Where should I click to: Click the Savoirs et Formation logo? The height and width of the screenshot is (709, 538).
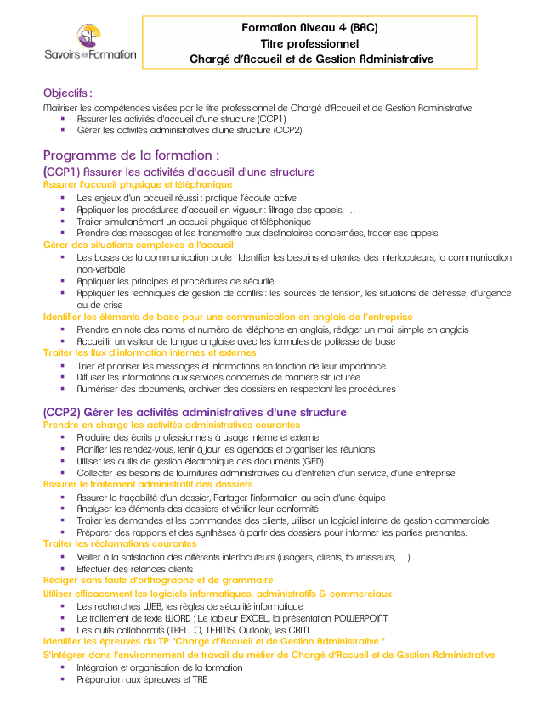point(89,42)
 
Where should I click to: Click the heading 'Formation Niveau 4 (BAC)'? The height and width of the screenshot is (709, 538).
point(309,27)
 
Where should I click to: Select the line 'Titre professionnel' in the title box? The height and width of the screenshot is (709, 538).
point(309,43)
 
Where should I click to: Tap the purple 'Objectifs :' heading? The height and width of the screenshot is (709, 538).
point(68,93)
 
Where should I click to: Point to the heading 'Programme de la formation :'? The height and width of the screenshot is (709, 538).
point(131,155)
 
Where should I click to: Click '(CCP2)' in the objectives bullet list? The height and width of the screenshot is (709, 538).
point(286,131)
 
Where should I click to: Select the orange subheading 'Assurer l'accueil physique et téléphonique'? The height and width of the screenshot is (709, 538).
point(137,184)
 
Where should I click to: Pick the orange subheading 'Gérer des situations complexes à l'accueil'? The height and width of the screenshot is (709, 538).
point(138,245)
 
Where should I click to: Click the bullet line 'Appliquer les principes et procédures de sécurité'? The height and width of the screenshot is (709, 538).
point(174,280)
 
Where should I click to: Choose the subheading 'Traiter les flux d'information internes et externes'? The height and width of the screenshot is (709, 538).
point(150,352)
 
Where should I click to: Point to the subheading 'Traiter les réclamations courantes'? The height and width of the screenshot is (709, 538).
point(120,544)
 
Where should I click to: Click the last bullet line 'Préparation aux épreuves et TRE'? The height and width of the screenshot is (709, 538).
point(141,679)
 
